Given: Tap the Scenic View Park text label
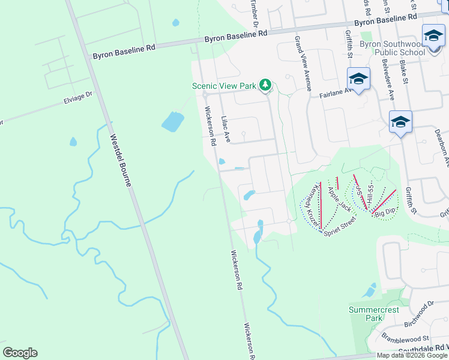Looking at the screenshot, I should (x=224, y=86).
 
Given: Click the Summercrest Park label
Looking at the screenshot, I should (x=366, y=314).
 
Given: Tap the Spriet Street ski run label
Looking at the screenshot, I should (x=340, y=226).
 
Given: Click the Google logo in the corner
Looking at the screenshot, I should (x=20, y=353).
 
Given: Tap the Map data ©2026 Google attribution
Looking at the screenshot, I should (x=412, y=355).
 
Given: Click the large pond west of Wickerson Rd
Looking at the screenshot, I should (x=172, y=122).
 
